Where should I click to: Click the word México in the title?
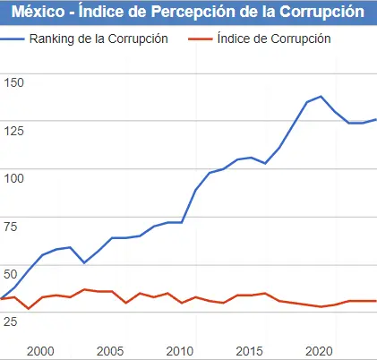tap(39, 13)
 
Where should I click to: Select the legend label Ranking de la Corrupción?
tap(99, 39)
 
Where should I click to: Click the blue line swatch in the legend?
tap(13, 39)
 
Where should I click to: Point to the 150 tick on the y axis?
tap(15, 82)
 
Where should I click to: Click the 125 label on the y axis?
tap(15, 131)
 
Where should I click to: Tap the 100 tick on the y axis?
tap(15, 177)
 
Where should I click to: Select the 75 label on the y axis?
tap(12, 225)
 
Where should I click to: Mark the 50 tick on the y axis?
tap(12, 272)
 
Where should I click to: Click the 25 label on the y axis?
tap(12, 320)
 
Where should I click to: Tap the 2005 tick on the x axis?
tap(111, 351)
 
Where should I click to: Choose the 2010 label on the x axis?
tap(181, 351)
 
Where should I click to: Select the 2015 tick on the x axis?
tap(251, 351)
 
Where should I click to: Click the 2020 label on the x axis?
tap(321, 351)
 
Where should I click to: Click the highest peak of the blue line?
tap(321, 96)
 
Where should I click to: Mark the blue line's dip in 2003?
tap(83, 262)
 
